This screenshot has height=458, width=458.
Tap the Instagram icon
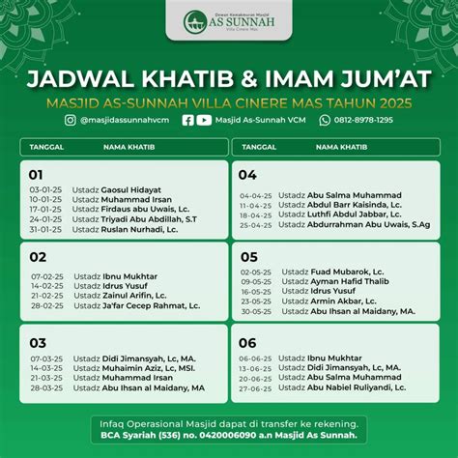[72, 120]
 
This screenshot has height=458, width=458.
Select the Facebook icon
[187, 120]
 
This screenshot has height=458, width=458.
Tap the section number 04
[247, 175]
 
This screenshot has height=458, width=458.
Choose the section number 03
[38, 342]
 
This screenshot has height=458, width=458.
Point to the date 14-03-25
[46, 368]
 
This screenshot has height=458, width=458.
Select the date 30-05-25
[256, 311]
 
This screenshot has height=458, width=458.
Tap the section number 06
[247, 342]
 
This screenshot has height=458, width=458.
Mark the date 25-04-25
[256, 224]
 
